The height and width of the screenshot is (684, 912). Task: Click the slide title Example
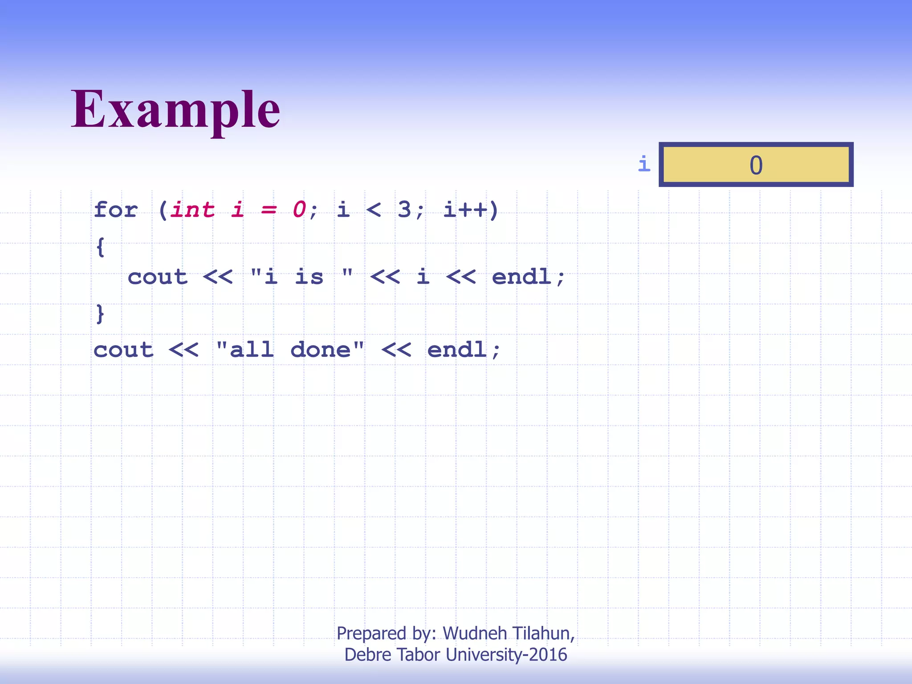coord(175,110)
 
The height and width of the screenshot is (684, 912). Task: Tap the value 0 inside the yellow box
coord(756,165)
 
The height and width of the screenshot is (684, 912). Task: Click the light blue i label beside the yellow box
coord(644,164)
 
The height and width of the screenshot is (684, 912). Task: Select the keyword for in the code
coord(116,209)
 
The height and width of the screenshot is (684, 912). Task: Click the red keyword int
coord(192,209)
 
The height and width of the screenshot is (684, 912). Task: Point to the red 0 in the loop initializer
coord(299,209)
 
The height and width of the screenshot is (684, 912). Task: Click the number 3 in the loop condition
coord(404,209)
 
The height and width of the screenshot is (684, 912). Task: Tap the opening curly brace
coord(100,247)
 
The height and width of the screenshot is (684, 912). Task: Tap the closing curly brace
coord(100,313)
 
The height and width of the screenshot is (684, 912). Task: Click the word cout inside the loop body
coord(157,277)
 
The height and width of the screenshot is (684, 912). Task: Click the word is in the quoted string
coord(309,277)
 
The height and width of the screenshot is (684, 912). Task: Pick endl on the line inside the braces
coord(521,277)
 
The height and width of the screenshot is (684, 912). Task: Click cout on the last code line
coord(123,350)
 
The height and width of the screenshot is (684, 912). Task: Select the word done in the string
coord(320,350)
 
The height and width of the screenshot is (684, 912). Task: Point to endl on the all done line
coord(457,350)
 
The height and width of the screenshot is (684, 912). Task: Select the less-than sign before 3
coord(373,209)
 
